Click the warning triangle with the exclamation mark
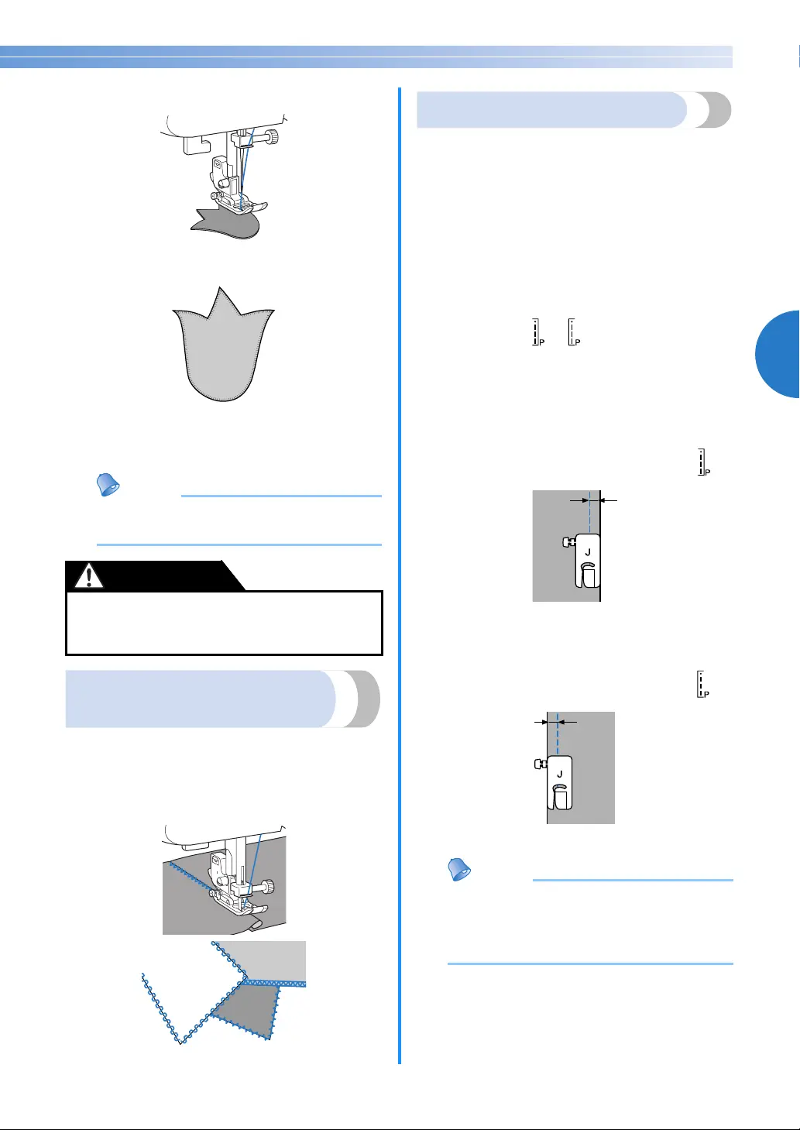[89, 575]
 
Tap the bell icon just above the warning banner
[108, 484]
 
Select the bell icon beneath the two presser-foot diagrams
[459, 869]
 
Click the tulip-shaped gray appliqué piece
[224, 348]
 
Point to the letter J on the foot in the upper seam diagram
[588, 552]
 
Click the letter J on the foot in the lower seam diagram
[559, 775]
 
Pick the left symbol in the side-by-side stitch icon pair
[537, 332]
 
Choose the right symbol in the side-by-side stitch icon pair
[574, 332]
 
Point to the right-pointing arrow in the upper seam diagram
[579, 500]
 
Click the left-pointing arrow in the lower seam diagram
[568, 723]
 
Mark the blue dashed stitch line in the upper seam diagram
[589, 511]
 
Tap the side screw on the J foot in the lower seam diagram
[541, 764]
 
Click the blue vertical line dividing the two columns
[400, 575]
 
